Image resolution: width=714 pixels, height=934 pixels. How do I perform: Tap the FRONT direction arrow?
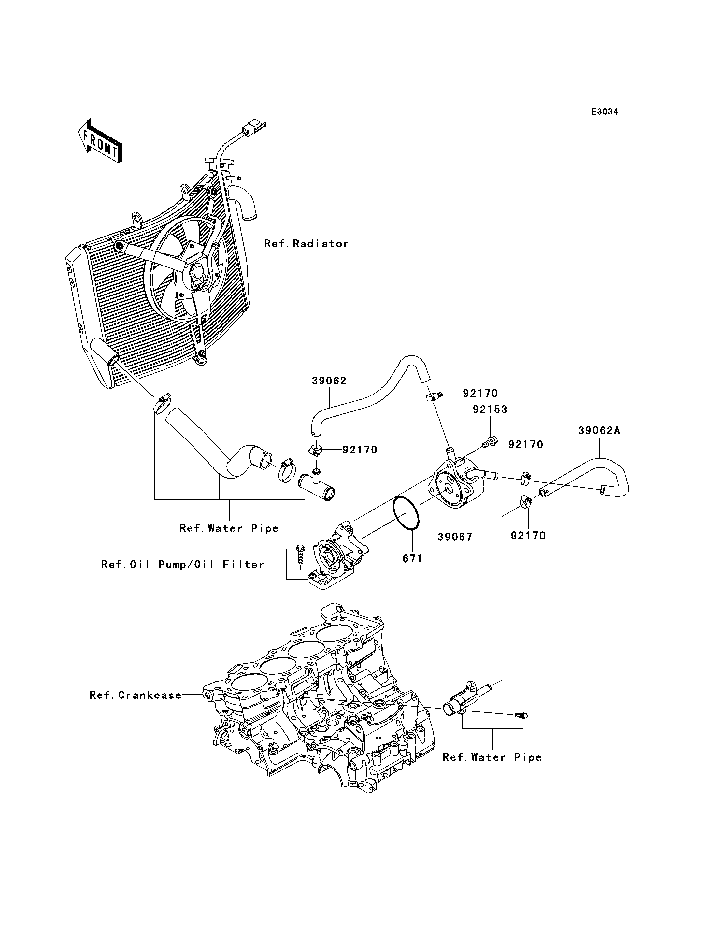pyautogui.click(x=100, y=141)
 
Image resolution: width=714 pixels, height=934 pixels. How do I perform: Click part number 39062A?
pyautogui.click(x=599, y=431)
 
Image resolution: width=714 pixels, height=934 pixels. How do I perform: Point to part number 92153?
pyautogui.click(x=490, y=410)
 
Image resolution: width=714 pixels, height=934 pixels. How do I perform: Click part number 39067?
pyautogui.click(x=455, y=537)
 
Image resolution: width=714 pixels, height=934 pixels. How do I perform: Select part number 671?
pyautogui.click(x=413, y=559)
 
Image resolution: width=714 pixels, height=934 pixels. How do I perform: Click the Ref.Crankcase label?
pyautogui.click(x=136, y=695)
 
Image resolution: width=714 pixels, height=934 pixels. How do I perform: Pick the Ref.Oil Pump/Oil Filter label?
pyautogui.click(x=183, y=565)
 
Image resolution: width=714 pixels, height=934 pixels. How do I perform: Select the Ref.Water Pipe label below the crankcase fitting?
pyautogui.click(x=493, y=757)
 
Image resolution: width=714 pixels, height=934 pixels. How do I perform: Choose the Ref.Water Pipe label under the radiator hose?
pyautogui.click(x=229, y=528)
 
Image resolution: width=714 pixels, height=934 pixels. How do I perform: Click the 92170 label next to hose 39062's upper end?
pyautogui.click(x=480, y=393)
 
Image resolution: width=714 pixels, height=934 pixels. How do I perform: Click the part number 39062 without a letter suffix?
pyautogui.click(x=329, y=381)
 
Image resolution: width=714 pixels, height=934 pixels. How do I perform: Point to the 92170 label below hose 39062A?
pyautogui.click(x=528, y=536)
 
